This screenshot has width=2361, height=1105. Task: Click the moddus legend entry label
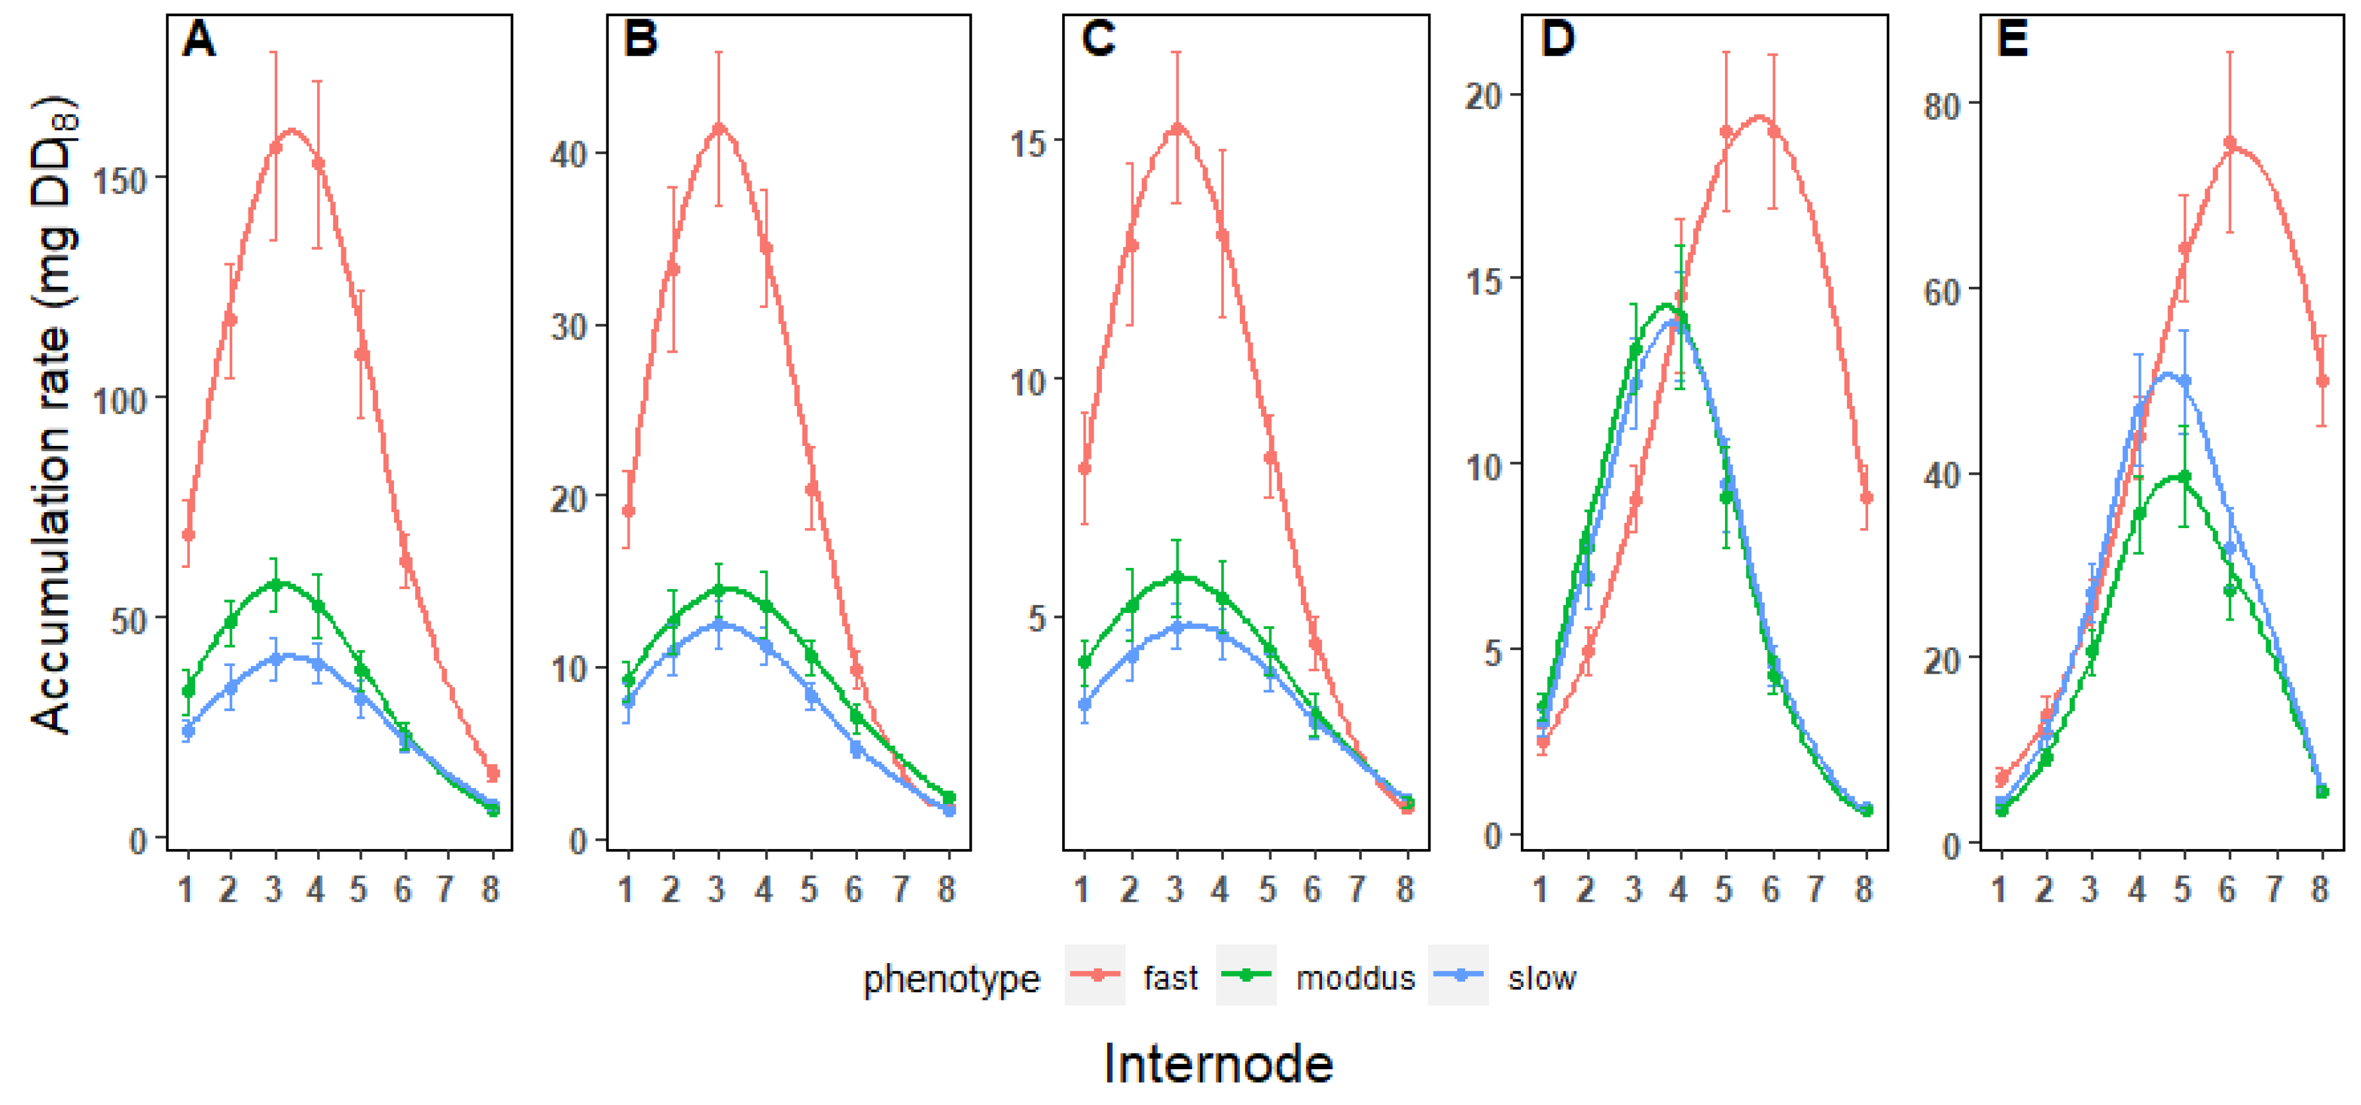click(1355, 979)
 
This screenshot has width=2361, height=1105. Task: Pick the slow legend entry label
click(1541, 979)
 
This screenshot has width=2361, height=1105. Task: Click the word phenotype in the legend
click(951, 979)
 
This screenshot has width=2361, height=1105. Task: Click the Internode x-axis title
click(1218, 1064)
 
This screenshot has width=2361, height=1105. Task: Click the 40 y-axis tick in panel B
click(569, 154)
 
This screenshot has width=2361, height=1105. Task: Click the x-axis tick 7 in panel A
click(447, 889)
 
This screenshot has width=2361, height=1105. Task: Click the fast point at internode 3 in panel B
click(719, 128)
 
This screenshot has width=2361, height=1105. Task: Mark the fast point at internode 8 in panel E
click(2322, 381)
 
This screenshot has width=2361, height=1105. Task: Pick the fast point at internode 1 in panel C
click(1085, 468)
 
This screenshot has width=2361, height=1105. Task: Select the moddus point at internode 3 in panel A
click(274, 584)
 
